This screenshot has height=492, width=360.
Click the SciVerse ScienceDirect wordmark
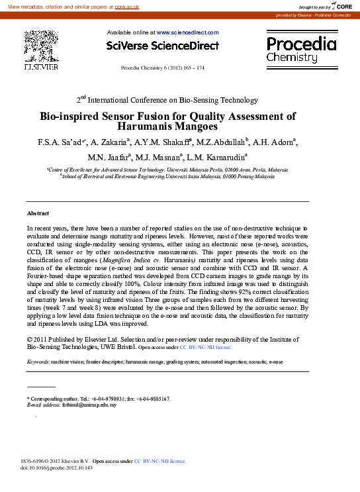[x=162, y=46]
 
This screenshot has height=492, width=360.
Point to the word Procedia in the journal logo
[x=301, y=44]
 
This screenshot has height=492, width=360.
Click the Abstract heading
[x=37, y=213]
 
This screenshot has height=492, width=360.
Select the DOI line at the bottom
[x=57, y=467]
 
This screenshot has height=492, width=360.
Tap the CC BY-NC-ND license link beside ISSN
[x=160, y=460]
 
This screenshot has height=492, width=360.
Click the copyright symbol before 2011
[x=29, y=338]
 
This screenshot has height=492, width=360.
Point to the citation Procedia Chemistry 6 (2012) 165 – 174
[x=162, y=68]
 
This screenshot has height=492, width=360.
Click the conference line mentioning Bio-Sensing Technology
[x=167, y=100]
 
